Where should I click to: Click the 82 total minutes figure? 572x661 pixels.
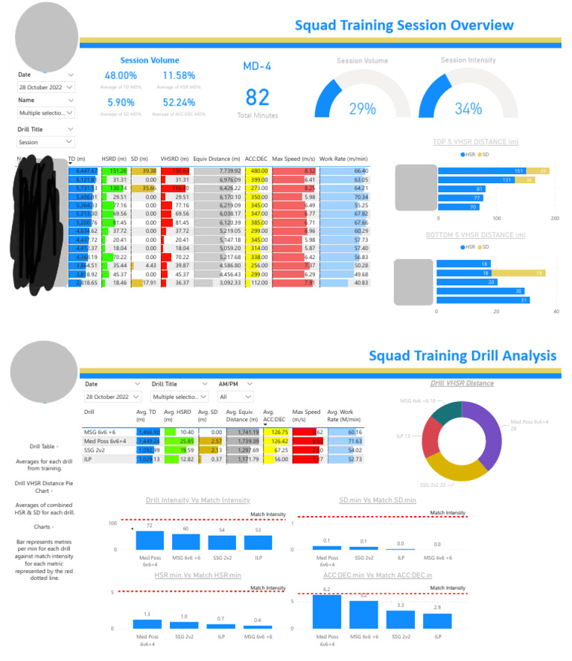(257, 98)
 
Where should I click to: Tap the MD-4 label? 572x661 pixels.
(257, 66)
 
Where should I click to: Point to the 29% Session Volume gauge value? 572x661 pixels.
(363, 109)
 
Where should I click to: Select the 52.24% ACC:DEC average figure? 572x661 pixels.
(179, 103)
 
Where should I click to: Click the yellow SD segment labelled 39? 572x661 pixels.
(543, 170)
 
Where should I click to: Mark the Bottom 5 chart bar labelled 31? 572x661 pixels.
(483, 300)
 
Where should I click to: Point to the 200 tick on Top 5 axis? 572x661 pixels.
(554, 219)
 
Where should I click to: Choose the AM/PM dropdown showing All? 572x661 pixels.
(234, 397)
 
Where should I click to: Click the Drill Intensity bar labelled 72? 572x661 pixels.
(150, 540)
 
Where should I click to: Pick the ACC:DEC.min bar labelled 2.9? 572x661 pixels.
(437, 620)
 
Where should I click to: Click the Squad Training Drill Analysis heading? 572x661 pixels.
(462, 355)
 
